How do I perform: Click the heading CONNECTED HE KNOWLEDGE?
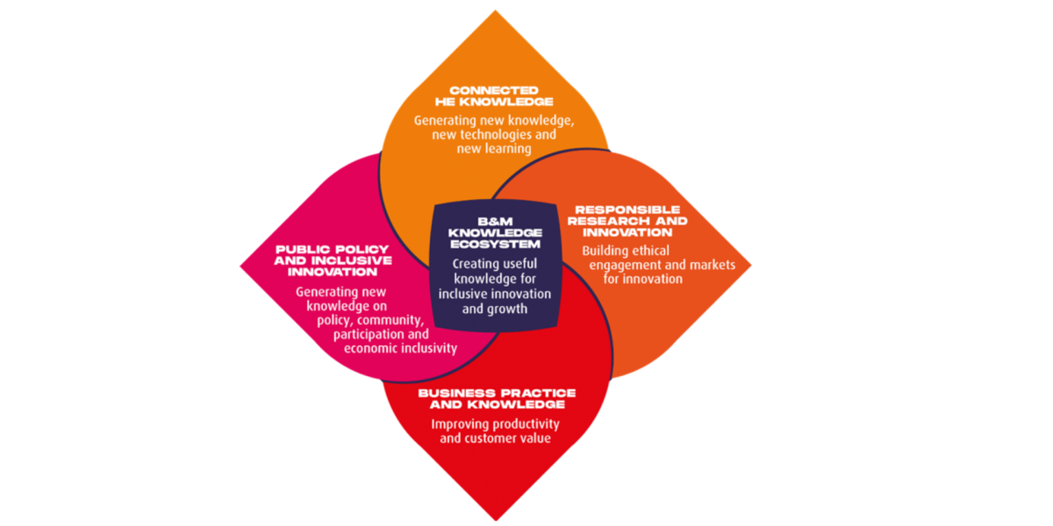click(x=494, y=96)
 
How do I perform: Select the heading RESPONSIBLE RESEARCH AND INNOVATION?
click(x=627, y=221)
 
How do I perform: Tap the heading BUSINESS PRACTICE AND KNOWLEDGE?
click(x=497, y=399)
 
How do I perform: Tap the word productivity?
click(x=521, y=424)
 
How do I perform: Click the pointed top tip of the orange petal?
click(x=495, y=11)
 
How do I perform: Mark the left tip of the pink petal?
click(x=241, y=264)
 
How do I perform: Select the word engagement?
click(x=627, y=265)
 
